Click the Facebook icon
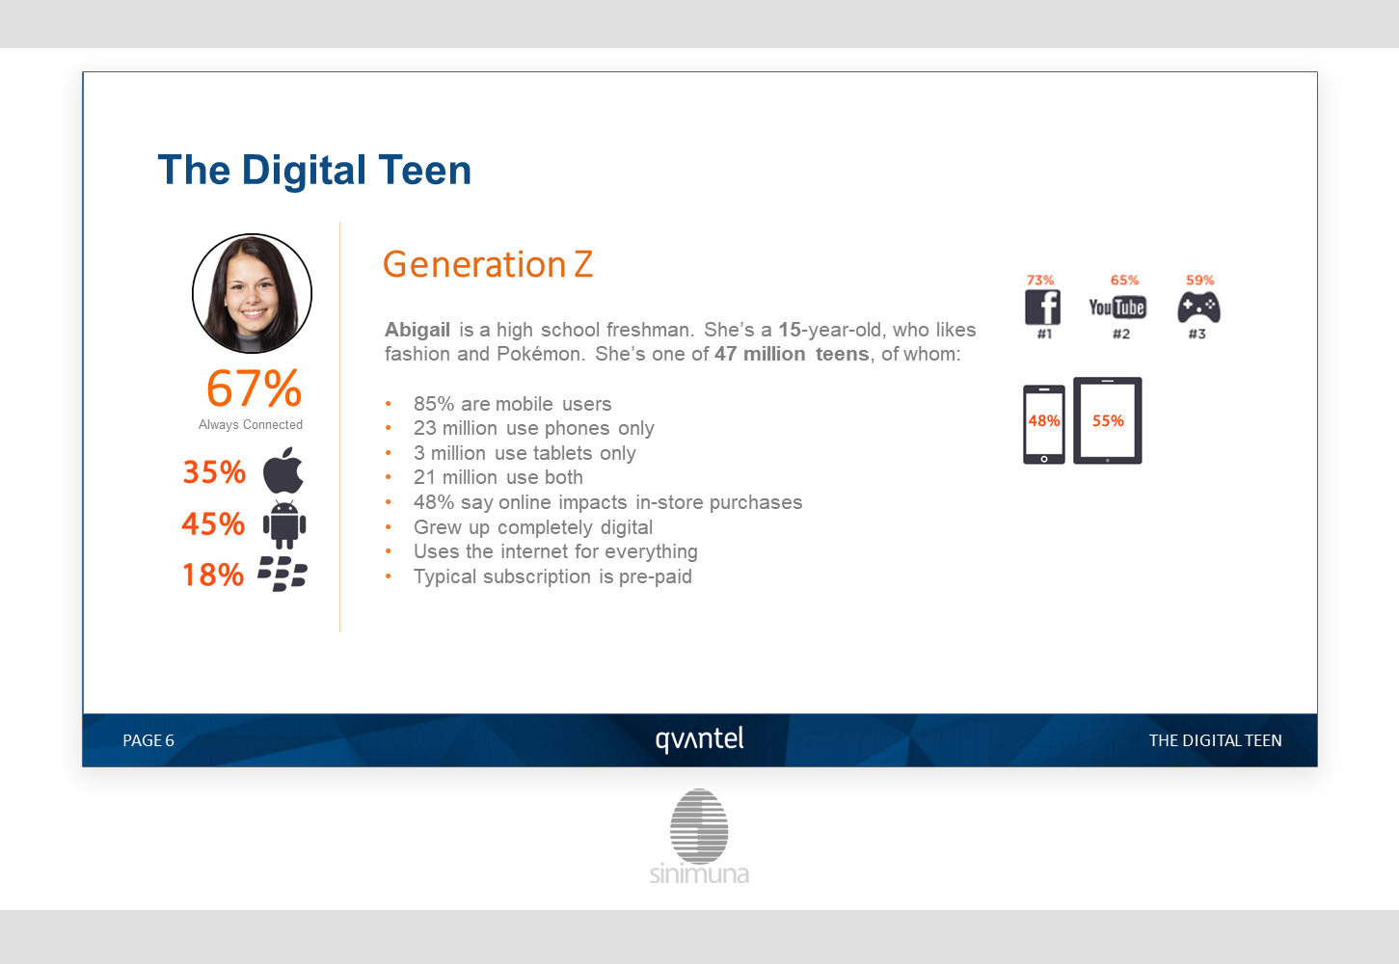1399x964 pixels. (x=1042, y=307)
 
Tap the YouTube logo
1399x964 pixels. (x=1117, y=308)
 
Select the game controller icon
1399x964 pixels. (x=1198, y=308)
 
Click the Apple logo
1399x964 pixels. (x=282, y=470)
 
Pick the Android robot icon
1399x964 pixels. (x=284, y=524)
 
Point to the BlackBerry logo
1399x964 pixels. (x=282, y=574)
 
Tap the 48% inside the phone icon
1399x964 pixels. (x=1043, y=421)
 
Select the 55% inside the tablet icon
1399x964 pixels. (x=1108, y=421)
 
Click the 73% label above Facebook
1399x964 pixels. (x=1040, y=280)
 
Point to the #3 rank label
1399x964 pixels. (x=1197, y=335)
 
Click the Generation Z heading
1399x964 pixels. (x=488, y=264)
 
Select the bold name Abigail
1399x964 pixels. (x=417, y=329)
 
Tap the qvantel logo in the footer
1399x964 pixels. (x=700, y=739)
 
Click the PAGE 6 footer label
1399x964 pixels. (x=148, y=740)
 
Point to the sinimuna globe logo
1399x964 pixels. (x=699, y=826)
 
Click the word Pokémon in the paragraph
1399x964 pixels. (x=540, y=354)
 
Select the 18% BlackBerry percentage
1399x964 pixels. (x=213, y=575)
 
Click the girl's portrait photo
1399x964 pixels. (x=252, y=293)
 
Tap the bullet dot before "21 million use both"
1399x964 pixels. (x=388, y=477)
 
